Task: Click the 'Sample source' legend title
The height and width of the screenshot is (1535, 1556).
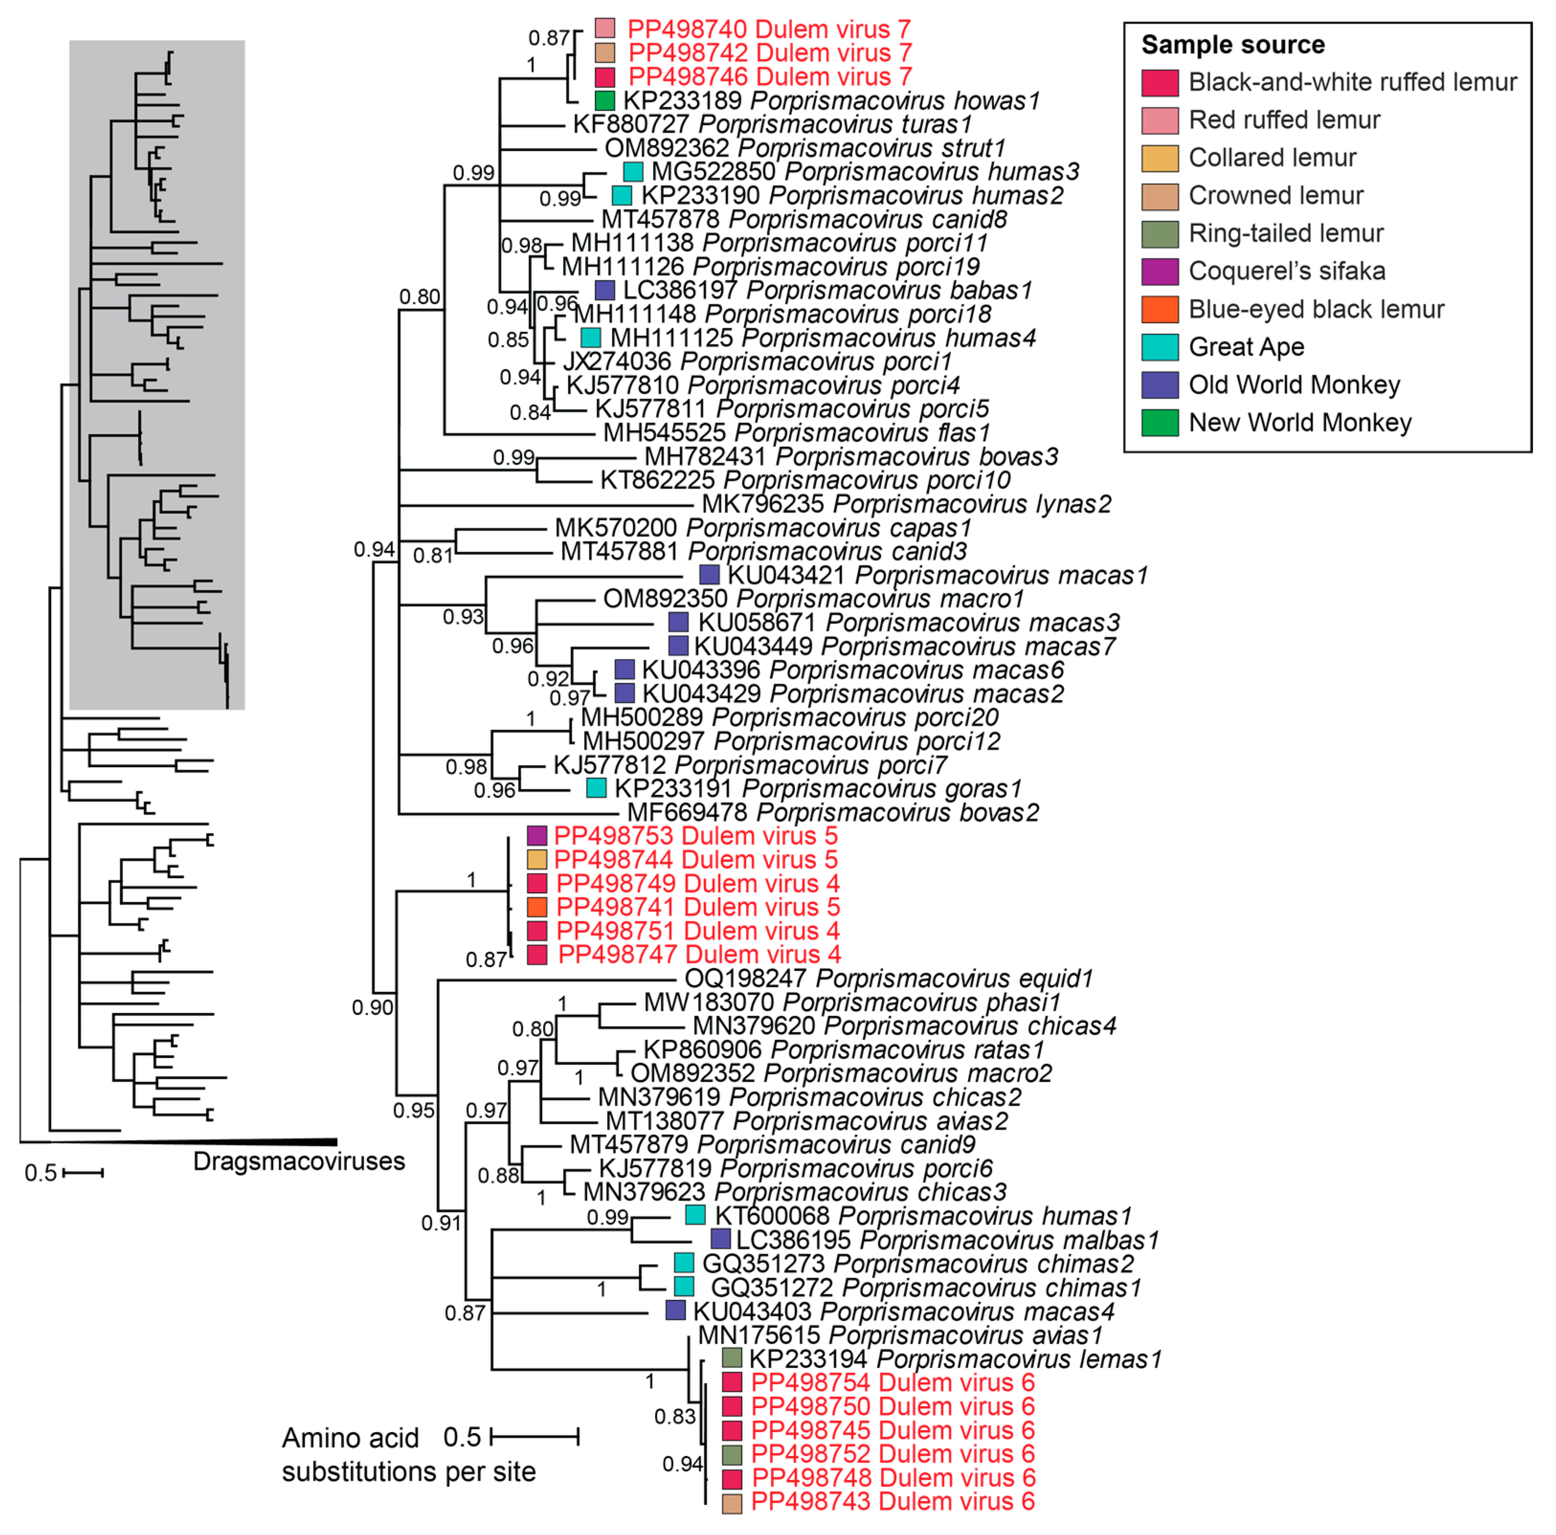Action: coord(1232,45)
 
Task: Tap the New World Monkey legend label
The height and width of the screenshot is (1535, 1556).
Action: coord(1300,423)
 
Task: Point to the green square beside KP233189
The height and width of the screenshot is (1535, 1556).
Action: coord(605,100)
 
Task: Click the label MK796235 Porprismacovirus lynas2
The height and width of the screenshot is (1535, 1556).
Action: coord(906,504)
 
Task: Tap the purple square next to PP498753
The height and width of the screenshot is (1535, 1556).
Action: coord(537,836)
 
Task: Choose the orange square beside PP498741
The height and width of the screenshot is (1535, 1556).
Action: coord(537,907)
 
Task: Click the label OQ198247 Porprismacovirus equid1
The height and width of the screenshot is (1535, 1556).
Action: coord(888,979)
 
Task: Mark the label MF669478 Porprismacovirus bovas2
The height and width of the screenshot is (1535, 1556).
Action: coord(833,812)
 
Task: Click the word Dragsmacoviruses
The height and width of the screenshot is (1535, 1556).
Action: coord(299,1161)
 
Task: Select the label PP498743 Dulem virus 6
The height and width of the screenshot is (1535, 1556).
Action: coord(892,1502)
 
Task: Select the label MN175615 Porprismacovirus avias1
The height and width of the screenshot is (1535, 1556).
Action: coord(900,1335)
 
